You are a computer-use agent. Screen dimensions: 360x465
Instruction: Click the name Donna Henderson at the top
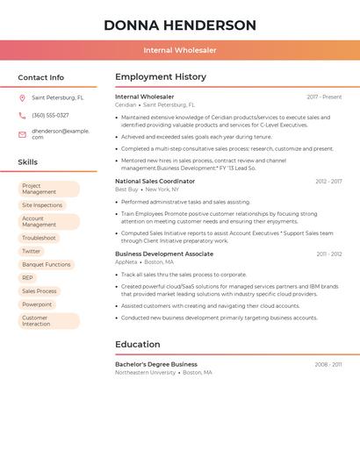pyautogui.click(x=180, y=25)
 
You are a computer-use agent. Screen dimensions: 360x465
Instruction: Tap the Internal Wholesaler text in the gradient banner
pyautogui.click(x=180, y=50)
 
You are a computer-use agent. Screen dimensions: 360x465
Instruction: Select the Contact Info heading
pyautogui.click(x=41, y=77)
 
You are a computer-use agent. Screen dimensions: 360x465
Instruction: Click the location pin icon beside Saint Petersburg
pyautogui.click(x=22, y=98)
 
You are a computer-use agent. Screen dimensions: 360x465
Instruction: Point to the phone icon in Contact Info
pyautogui.click(x=22, y=115)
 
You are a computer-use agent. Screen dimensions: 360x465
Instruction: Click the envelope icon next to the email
pyautogui.click(x=22, y=133)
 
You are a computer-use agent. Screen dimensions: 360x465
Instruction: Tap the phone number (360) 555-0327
pyautogui.click(x=50, y=115)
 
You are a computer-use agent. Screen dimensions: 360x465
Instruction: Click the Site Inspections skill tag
pyautogui.click(x=42, y=205)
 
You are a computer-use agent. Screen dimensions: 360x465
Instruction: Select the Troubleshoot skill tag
pyautogui.click(x=39, y=238)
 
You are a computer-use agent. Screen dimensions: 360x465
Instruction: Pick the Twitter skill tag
pyautogui.click(x=32, y=251)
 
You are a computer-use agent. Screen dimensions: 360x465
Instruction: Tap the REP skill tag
pyautogui.click(x=28, y=277)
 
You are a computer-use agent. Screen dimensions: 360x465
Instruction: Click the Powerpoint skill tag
pyautogui.click(x=37, y=304)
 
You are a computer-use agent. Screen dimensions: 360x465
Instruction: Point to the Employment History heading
pyautogui.click(x=161, y=77)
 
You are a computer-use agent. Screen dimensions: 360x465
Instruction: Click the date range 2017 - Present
pyautogui.click(x=324, y=97)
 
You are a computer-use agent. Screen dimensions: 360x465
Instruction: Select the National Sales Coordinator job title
pyautogui.click(x=155, y=181)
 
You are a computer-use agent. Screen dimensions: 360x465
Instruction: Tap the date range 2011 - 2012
pyautogui.click(x=329, y=254)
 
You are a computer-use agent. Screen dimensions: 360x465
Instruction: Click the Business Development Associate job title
pyautogui.click(x=164, y=254)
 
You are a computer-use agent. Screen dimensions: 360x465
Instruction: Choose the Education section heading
pyautogui.click(x=138, y=344)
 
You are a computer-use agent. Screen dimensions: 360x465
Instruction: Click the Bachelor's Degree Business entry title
pyautogui.click(x=156, y=364)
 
